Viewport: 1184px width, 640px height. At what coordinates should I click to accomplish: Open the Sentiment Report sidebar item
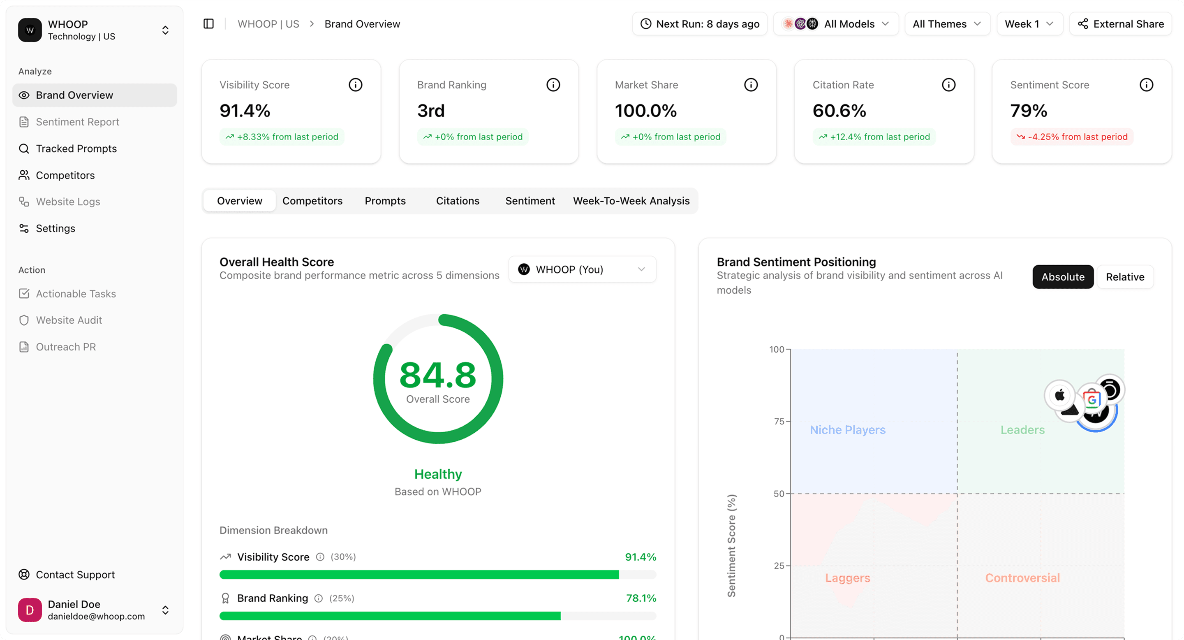[x=77, y=122]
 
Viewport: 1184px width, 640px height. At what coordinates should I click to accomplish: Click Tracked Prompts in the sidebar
[x=76, y=148]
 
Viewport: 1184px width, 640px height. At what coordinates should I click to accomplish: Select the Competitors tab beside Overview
[x=312, y=201]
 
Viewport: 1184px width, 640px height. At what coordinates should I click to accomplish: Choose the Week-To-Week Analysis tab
[x=631, y=201]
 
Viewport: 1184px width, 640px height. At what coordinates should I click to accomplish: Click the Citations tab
[x=457, y=201]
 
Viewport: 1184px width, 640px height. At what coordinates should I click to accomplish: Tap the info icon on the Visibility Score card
[x=355, y=85]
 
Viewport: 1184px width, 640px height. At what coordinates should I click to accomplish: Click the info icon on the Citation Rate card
[x=948, y=85]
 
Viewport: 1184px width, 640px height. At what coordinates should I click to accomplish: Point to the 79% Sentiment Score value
[x=1028, y=111]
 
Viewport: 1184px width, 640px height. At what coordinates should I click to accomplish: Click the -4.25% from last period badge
[x=1071, y=137]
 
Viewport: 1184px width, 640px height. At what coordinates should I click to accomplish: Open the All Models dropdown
[x=836, y=24]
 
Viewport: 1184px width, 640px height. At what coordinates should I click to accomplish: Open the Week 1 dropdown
[x=1029, y=24]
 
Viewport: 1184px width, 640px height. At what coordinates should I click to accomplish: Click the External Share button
[x=1120, y=24]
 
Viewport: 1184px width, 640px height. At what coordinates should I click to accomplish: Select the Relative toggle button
[x=1124, y=277]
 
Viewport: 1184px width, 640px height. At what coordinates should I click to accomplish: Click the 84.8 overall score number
[x=437, y=375]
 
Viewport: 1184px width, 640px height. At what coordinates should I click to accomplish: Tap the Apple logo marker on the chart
[x=1059, y=394]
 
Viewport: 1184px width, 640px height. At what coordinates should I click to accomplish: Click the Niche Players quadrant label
[x=847, y=430]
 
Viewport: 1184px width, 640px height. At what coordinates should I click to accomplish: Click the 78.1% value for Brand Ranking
[x=641, y=598]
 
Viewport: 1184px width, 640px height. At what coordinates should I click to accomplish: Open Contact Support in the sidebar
[x=75, y=575]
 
